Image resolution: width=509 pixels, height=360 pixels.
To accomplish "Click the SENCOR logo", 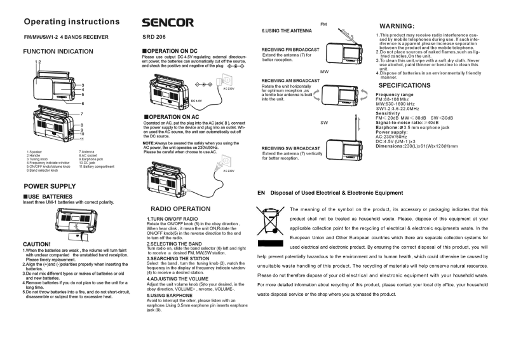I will [168, 23].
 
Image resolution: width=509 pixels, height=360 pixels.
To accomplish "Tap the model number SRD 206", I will [155, 38].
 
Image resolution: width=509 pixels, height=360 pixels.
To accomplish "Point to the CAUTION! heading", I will [36, 244].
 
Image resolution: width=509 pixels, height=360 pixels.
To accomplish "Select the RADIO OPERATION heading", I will [180, 209].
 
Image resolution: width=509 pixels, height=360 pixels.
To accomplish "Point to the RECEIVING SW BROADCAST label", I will [290, 148].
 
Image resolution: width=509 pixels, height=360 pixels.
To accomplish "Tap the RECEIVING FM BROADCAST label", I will [290, 50].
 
